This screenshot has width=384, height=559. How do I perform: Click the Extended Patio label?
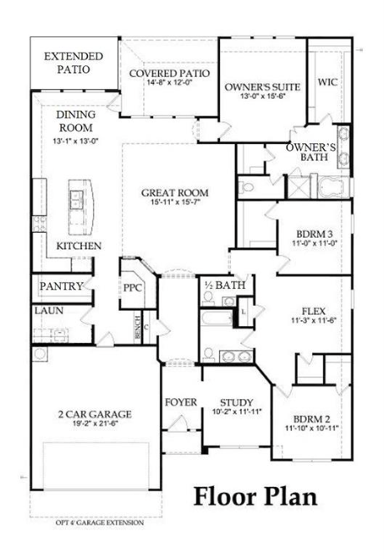click(74, 63)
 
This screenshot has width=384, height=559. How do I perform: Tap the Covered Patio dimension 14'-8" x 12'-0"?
click(170, 82)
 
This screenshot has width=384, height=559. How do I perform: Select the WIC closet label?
click(327, 82)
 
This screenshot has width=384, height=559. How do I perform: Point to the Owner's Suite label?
click(263, 86)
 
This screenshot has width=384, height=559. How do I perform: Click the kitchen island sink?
click(76, 199)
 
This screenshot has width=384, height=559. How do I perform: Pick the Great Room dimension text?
click(175, 202)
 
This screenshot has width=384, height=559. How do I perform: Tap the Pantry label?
click(61, 287)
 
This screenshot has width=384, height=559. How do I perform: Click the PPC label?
click(133, 287)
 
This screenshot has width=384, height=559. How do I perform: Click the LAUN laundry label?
click(49, 311)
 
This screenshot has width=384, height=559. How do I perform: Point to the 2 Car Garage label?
click(95, 414)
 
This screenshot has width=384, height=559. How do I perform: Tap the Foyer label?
click(181, 402)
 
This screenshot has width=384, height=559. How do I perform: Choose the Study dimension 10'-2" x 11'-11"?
click(237, 411)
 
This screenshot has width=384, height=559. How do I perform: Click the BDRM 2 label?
click(312, 419)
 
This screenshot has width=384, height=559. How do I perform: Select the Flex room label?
click(314, 311)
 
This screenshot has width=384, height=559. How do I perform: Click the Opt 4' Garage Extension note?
click(100, 523)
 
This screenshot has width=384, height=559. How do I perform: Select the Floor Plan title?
click(255, 496)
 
